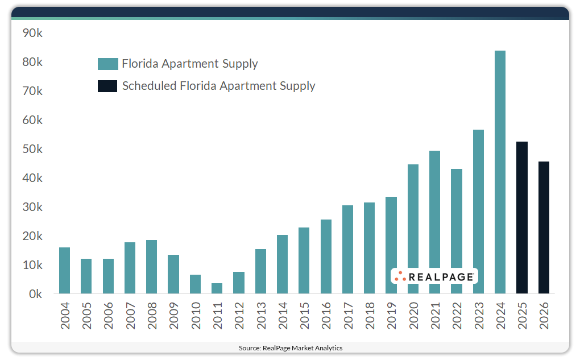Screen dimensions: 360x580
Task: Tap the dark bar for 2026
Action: click(x=544, y=227)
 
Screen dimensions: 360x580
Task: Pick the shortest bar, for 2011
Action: click(x=217, y=288)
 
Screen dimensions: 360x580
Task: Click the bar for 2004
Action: click(x=64, y=271)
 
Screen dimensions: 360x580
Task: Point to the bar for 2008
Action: click(x=151, y=267)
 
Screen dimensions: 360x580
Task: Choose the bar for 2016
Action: click(x=326, y=256)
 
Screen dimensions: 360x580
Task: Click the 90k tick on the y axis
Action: click(x=32, y=33)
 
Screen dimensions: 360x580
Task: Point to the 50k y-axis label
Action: click(x=32, y=149)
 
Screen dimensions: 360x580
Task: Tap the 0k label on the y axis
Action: click(x=35, y=294)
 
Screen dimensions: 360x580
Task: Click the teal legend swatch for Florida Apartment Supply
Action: click(x=107, y=64)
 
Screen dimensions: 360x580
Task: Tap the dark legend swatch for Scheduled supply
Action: click(x=107, y=86)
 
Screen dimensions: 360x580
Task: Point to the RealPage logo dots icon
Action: click(x=400, y=276)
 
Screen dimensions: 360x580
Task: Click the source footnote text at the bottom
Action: click(x=291, y=347)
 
